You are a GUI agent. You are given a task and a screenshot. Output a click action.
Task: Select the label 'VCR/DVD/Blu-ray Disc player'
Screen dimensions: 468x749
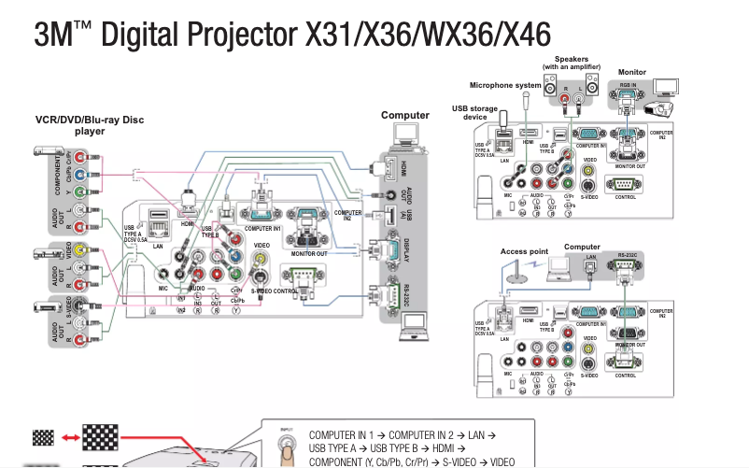(x=90, y=125)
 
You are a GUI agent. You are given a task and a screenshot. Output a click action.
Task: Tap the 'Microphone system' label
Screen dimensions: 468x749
(x=505, y=86)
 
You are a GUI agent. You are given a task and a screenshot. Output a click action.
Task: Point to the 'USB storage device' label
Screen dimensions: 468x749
(x=474, y=112)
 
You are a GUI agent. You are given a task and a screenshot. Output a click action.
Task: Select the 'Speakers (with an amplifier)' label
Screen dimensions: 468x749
(x=571, y=63)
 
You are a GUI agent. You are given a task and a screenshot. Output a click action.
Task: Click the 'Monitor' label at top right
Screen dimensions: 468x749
(x=632, y=72)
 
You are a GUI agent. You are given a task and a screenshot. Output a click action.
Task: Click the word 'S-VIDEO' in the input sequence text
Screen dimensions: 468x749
(x=462, y=461)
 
